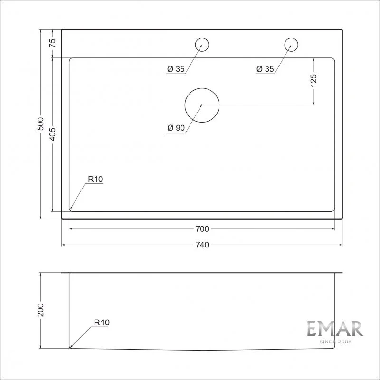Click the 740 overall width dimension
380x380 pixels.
coord(201,245)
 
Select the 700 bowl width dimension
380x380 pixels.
coord(201,229)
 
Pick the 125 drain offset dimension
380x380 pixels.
coord(313,81)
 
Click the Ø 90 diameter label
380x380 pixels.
coord(176,128)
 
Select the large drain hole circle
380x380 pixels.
coord(202,105)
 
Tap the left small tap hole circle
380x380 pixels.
coord(202,45)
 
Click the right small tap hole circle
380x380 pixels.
coord(291,45)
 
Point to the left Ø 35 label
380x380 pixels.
coord(176,69)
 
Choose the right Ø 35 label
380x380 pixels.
coord(265,69)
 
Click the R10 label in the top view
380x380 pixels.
coord(95,180)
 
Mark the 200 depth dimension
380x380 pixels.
coord(41,311)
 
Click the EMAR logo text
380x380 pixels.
coord(334,329)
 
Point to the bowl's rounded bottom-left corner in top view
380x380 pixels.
coord(71,209)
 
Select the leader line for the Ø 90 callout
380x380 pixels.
coord(193,118)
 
